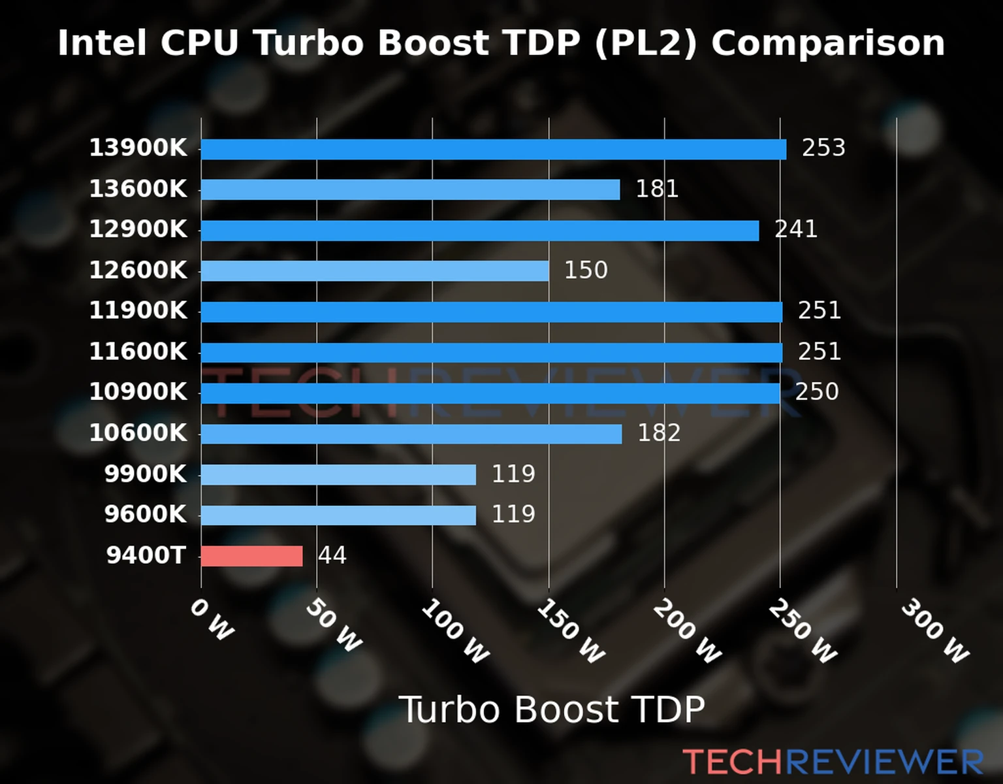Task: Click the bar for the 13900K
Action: click(x=493, y=149)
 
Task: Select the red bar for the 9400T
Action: click(x=251, y=556)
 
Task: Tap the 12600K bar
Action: click(x=375, y=271)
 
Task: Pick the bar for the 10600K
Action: click(x=411, y=434)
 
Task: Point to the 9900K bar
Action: click(x=338, y=474)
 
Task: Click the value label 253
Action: click(x=823, y=148)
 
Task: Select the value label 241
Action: click(x=796, y=229)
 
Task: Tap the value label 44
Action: click(x=332, y=555)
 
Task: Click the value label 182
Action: click(x=659, y=433)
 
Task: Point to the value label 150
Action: click(x=586, y=270)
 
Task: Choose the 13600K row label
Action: click(x=138, y=189)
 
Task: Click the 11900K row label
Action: click(x=138, y=310)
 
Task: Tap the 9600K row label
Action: click(x=145, y=514)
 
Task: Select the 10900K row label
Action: click(x=138, y=392)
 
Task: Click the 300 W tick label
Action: click(x=934, y=631)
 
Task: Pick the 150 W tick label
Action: click(x=570, y=631)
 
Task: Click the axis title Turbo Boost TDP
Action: click(x=552, y=710)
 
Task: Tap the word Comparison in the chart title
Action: click(x=827, y=43)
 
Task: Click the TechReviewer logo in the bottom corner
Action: click(x=833, y=762)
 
